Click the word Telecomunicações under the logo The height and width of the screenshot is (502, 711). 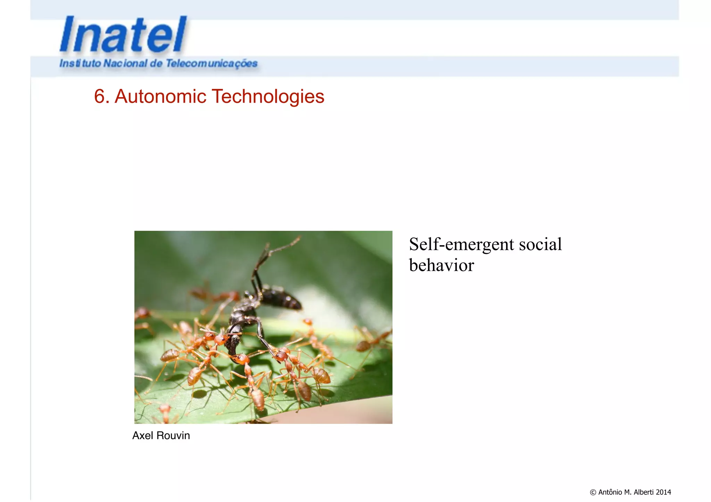tap(211, 63)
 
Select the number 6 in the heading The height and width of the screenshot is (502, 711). tap(99, 96)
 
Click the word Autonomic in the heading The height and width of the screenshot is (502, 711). tap(160, 96)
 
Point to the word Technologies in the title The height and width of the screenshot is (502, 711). tap(268, 96)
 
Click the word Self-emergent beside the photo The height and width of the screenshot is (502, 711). tap(461, 245)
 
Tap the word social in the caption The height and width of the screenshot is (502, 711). tap(540, 245)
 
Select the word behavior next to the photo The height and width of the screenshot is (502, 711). tap(441, 265)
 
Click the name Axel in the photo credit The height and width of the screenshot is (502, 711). tap(143, 435)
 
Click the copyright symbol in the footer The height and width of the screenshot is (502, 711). tap(593, 492)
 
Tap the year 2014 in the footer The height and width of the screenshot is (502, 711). tap(663, 492)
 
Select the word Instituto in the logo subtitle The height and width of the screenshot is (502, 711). tap(80, 63)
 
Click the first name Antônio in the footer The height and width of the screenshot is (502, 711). tap(610, 492)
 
